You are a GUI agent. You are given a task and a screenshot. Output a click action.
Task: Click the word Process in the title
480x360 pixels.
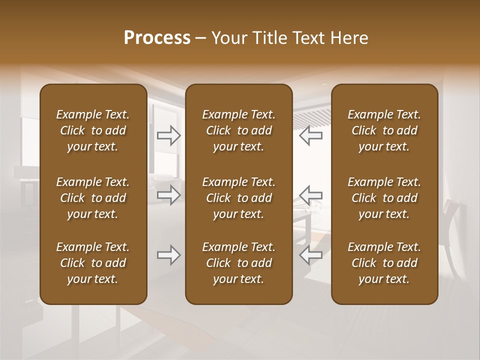[157, 38]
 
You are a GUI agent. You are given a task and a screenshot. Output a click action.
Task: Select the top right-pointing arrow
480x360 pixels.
[169, 135]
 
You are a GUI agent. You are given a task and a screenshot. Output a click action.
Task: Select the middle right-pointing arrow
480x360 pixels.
[169, 195]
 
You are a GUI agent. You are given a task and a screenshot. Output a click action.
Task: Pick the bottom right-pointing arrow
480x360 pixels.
[169, 255]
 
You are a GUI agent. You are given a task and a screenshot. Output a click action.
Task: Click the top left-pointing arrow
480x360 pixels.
[310, 135]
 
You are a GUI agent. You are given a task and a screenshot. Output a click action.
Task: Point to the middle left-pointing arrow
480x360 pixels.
[310, 195]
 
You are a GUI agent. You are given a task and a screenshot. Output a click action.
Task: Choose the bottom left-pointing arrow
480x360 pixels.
[310, 255]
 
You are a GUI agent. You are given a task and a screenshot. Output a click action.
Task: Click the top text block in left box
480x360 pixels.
[93, 130]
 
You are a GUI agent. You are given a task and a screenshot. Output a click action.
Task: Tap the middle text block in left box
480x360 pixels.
[93, 198]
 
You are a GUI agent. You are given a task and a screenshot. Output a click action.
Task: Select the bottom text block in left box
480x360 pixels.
[93, 263]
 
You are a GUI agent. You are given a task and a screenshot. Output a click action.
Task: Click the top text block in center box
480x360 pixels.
[238, 130]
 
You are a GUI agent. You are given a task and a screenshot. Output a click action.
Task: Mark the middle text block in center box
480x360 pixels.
[238, 198]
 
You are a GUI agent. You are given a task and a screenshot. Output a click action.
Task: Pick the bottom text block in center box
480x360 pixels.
[238, 263]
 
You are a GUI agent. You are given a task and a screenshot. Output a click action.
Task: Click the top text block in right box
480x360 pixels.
[384, 130]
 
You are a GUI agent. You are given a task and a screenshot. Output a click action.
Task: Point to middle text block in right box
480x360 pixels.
[384, 198]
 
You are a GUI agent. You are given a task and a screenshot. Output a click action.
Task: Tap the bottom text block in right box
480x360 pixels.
[384, 263]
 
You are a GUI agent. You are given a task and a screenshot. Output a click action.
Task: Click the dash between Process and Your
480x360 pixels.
[201, 38]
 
